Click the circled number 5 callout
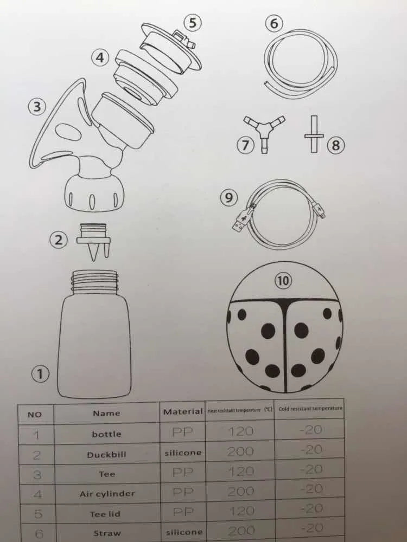point(193,22)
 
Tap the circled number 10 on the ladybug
point(283,281)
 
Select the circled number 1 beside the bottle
point(40,373)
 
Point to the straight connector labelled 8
point(314,134)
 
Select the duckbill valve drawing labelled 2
point(94,241)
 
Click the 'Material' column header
point(183,411)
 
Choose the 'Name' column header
point(106,413)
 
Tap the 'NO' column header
point(34,415)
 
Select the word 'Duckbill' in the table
point(106,455)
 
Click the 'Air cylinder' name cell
point(107,494)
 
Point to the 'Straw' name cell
point(106,533)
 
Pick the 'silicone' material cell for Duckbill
point(183,453)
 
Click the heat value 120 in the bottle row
point(240,431)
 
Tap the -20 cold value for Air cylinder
point(311,489)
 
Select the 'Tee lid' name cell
point(105,514)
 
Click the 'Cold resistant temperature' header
point(310,409)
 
